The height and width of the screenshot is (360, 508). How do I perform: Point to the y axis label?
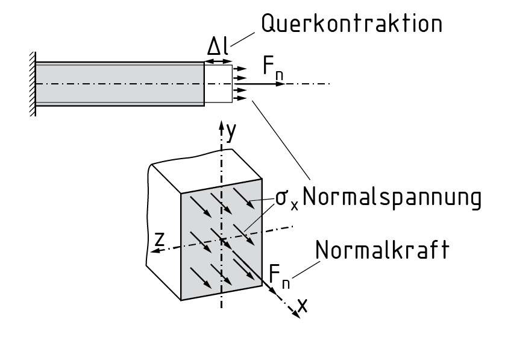pos(230,128)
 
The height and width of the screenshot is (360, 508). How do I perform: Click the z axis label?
pos(159,240)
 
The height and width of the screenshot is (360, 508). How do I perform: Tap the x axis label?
pos(303,306)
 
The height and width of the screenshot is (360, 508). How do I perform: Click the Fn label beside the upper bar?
pos(273,68)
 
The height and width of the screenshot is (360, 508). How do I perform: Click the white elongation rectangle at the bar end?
pos(218,83)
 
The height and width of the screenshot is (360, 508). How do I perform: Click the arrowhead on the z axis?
pos(154,252)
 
